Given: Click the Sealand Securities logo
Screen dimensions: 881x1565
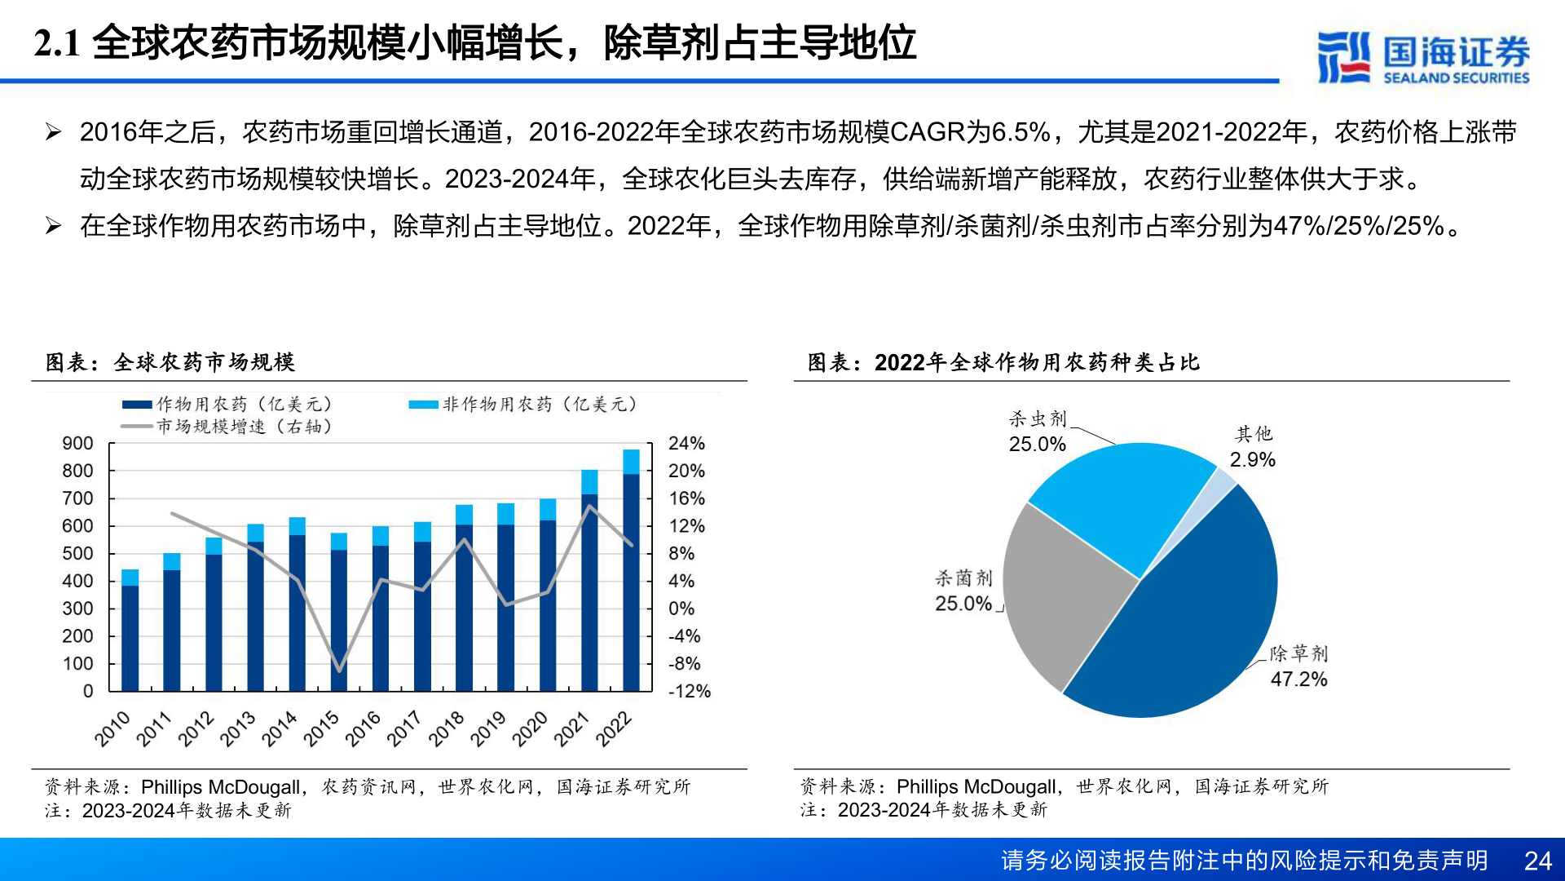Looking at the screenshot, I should point(1422,57).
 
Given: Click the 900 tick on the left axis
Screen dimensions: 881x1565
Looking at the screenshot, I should point(78,444).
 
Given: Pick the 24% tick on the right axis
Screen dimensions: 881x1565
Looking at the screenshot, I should point(686,444).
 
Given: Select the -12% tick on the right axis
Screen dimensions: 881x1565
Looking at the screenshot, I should point(689,692).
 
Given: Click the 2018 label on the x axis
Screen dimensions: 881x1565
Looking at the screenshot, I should point(446,728).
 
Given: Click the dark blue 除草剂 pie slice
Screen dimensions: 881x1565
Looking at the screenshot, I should point(1190,620).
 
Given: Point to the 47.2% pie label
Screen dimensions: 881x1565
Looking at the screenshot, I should point(1298,680).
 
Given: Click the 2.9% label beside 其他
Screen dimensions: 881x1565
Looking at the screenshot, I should point(1252,460).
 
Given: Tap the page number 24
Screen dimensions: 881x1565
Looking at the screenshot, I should point(1537,861).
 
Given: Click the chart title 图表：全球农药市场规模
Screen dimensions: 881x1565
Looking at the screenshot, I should point(170,362).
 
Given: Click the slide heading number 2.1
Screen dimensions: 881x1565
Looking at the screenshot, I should point(57,43).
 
